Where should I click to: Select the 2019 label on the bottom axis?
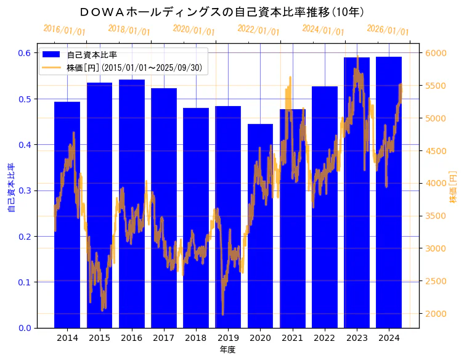click(x=228, y=338)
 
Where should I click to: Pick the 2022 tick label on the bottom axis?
click(x=324, y=338)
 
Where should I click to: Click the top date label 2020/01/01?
click(x=193, y=30)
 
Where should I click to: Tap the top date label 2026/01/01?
click(x=388, y=30)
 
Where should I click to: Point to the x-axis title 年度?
click(x=227, y=350)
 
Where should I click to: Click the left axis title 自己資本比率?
click(x=10, y=188)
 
